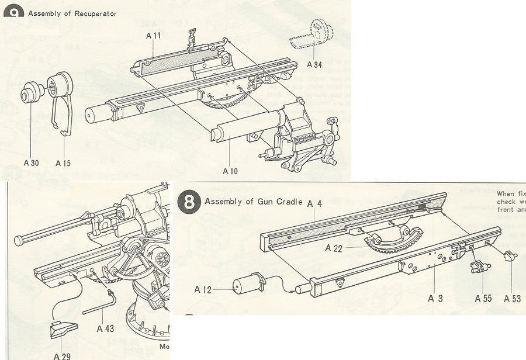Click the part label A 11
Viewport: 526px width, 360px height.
tap(154, 36)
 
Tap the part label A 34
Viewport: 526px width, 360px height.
tap(314, 64)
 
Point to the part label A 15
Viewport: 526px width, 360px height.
tap(63, 163)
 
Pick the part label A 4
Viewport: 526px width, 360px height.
tap(315, 204)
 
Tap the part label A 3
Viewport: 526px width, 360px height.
tap(435, 299)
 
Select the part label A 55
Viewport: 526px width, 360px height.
tap(483, 299)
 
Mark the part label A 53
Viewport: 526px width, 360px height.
tap(512, 299)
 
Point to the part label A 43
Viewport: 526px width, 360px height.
tap(105, 328)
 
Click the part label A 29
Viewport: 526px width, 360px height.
tap(62, 355)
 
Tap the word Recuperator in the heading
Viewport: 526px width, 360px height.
tap(95, 13)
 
